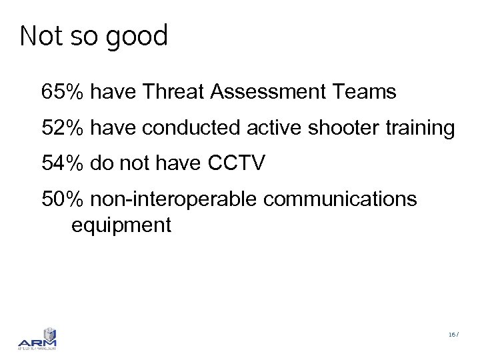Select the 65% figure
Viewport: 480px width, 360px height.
click(62, 91)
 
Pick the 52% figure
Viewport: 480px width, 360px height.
click(62, 127)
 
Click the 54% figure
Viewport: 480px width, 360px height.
click(62, 163)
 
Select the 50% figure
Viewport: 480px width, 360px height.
click(62, 198)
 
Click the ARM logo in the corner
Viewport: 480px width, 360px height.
click(37, 339)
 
